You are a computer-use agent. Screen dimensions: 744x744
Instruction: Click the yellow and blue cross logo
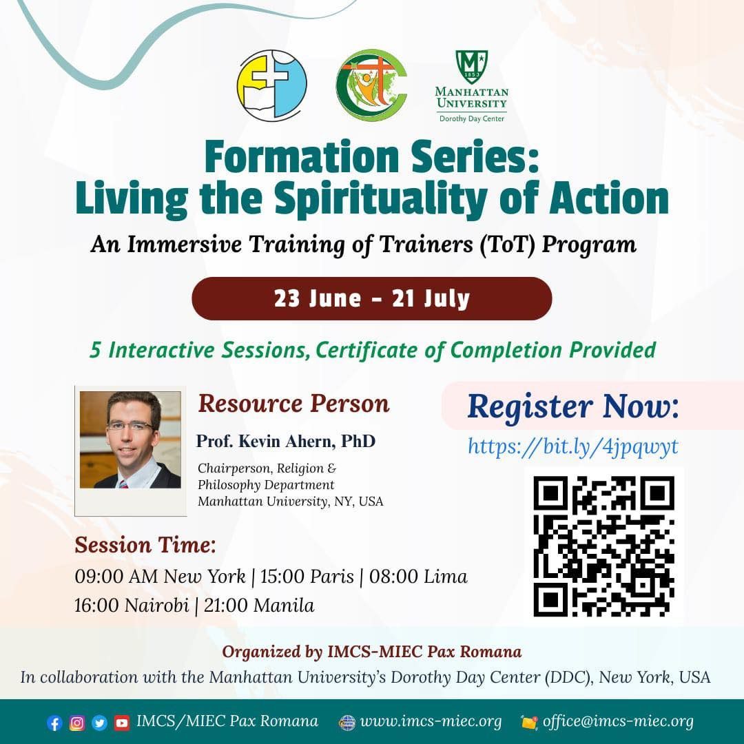[272, 85]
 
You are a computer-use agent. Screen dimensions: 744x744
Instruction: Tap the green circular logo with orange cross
[371, 85]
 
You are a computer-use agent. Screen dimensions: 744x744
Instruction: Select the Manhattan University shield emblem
[471, 67]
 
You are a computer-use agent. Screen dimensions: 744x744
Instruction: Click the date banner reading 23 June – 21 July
[371, 298]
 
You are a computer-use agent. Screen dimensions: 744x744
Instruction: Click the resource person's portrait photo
[130, 440]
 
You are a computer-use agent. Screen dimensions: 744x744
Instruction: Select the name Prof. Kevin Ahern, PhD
[286, 442]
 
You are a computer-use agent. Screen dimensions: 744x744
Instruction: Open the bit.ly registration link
[572, 447]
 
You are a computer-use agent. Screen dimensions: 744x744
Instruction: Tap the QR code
[603, 546]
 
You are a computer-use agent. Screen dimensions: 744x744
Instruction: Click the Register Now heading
[572, 406]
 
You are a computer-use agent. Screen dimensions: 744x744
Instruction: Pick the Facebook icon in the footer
[54, 723]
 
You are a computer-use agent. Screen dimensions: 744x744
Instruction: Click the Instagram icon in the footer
[77, 723]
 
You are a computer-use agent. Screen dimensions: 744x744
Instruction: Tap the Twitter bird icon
[99, 723]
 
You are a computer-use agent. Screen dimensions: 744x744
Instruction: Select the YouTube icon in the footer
[121, 723]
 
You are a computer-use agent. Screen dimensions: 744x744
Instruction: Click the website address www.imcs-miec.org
[431, 722]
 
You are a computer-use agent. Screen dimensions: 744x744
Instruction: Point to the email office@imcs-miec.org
[618, 722]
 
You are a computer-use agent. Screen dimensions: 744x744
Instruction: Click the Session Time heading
[145, 545]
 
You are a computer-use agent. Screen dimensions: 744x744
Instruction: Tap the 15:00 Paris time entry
[307, 577]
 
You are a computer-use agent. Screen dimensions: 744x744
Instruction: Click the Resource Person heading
[293, 404]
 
